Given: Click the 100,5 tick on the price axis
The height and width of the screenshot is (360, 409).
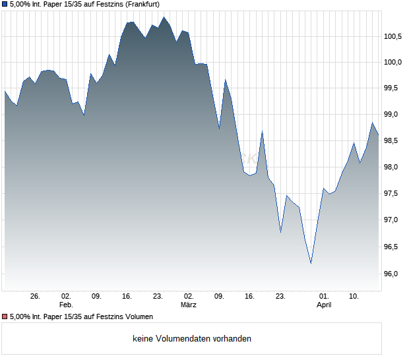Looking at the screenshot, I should [x=393, y=36].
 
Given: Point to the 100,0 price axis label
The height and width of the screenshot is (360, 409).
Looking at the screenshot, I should [x=393, y=62].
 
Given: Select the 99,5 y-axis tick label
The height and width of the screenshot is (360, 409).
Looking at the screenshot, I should [x=394, y=88].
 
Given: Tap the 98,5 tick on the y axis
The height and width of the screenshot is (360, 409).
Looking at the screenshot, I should [x=394, y=141].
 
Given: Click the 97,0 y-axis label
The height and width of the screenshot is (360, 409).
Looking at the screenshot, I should [x=394, y=220].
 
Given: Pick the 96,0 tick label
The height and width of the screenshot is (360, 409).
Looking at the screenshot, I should [x=394, y=274].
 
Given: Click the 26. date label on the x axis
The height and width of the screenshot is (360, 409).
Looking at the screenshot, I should [x=36, y=297].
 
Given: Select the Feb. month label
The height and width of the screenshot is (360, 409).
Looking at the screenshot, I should [x=65, y=305].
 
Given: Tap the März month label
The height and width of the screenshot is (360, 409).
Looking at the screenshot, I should [x=189, y=305].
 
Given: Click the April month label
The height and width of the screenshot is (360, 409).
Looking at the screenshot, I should [x=324, y=305].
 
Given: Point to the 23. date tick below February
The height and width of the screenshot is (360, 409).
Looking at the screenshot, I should [x=158, y=297].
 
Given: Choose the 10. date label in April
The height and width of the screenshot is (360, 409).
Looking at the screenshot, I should [x=354, y=297].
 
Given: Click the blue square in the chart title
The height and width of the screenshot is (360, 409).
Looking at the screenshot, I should [x=5, y=4].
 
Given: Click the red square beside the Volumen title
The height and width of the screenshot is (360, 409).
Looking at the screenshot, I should [x=5, y=317].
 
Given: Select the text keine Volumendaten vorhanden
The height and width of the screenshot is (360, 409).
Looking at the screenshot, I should [x=192, y=339].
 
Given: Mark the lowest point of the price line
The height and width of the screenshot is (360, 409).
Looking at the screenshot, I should [x=311, y=263].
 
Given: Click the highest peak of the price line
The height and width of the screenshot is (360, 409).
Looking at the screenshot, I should [x=164, y=17].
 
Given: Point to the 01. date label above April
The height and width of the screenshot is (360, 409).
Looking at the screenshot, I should [x=324, y=297].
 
